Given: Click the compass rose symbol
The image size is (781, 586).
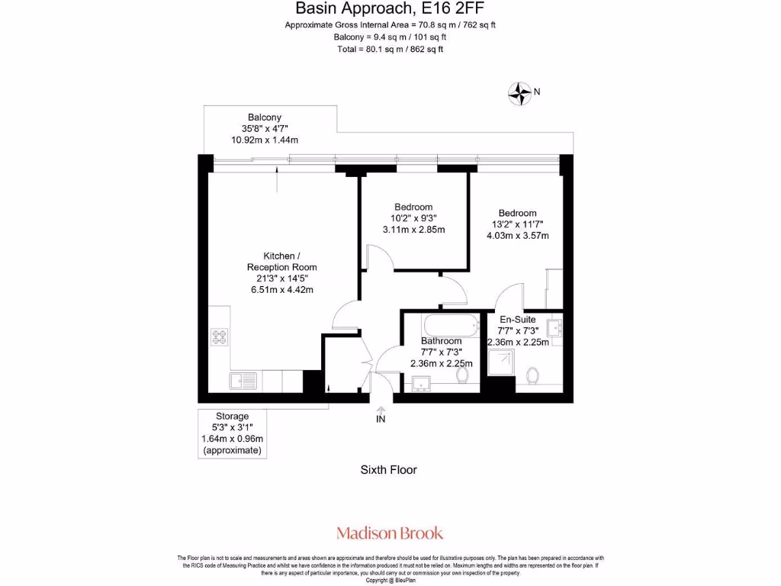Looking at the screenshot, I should [x=519, y=93].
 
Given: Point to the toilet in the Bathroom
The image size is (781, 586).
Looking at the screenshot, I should [x=462, y=374].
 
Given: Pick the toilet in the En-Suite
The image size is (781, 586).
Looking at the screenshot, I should [x=533, y=375].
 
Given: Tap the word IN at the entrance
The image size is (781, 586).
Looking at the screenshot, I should [x=381, y=420].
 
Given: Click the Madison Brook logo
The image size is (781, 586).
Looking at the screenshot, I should [x=390, y=533].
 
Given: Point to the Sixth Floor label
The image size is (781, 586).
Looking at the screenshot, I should [x=388, y=470].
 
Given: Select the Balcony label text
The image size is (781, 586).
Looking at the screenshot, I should [x=264, y=118].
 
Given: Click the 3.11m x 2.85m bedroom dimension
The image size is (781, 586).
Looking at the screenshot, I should [x=413, y=230].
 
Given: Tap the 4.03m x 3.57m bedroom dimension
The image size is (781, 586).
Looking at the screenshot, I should [x=517, y=236].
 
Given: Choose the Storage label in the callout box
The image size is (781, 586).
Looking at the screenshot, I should [x=232, y=416].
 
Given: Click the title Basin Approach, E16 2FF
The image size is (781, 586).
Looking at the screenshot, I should [x=390, y=9].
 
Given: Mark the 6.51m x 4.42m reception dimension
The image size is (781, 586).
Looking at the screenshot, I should [x=281, y=289].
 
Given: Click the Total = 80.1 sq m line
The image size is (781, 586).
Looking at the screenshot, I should [x=390, y=49].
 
